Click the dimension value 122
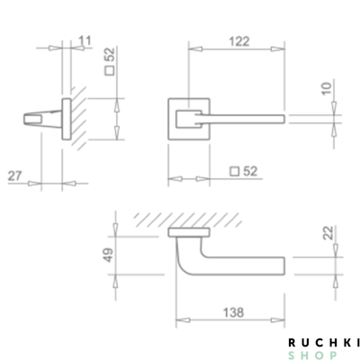238,41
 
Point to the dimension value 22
330,235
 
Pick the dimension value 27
15,175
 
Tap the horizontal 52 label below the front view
250,171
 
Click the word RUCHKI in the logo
324,342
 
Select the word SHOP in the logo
324,354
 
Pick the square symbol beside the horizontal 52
234,171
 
